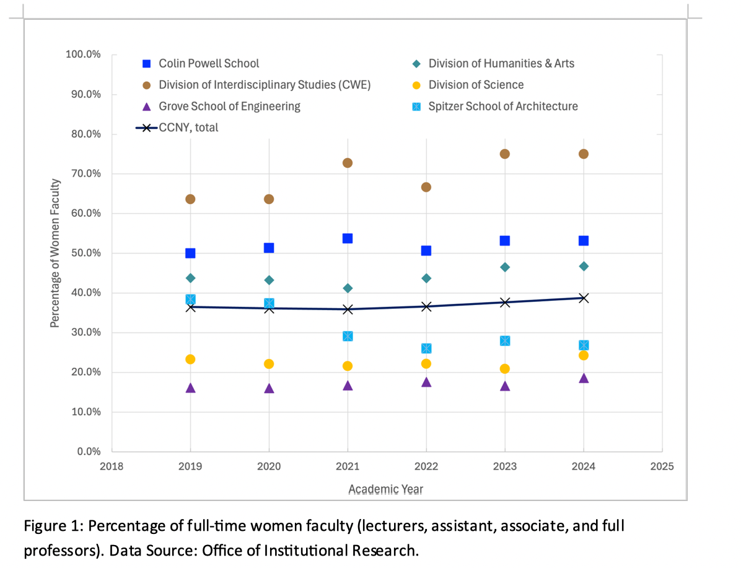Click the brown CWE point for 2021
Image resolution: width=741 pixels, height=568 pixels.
[348, 162]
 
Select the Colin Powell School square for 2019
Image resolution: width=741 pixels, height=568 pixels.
[190, 253]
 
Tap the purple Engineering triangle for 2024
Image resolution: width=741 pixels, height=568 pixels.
[584, 378]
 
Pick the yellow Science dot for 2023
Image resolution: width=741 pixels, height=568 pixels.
[505, 368]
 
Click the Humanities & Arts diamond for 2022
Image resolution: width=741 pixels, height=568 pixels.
[426, 278]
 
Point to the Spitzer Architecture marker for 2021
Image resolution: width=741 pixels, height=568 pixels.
[348, 336]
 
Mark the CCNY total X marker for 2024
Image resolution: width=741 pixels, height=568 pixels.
[584, 298]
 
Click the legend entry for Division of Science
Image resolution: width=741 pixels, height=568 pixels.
[476, 85]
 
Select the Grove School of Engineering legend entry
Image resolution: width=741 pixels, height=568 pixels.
[229, 106]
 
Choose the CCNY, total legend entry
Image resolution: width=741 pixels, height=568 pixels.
[188, 128]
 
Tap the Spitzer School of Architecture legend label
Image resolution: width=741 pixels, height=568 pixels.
[502, 106]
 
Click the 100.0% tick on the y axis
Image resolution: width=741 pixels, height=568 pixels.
[83, 55]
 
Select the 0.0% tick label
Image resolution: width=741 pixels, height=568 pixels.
[88, 451]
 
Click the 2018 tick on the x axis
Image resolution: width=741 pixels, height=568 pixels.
[112, 466]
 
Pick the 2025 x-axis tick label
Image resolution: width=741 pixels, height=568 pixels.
[662, 466]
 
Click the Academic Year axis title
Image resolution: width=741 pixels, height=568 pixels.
[385, 489]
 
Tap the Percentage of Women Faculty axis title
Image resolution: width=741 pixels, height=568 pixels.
[55, 253]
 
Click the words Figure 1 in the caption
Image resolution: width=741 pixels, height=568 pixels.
[51, 526]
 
